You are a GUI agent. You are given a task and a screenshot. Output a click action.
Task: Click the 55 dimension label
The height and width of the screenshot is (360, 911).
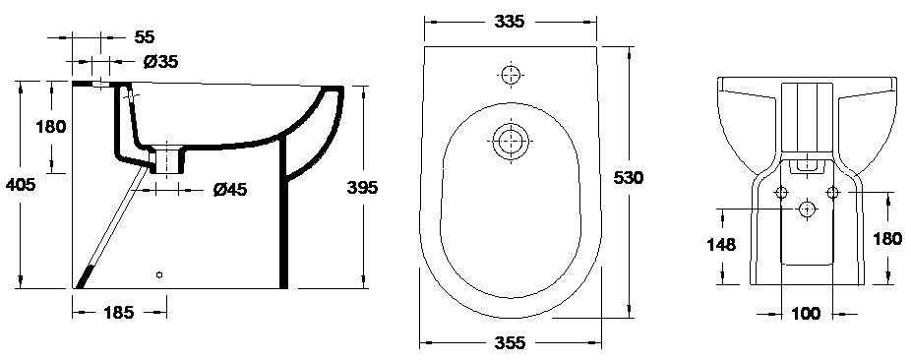[145, 37]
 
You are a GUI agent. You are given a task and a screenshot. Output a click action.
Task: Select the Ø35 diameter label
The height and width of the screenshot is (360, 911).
[160, 61]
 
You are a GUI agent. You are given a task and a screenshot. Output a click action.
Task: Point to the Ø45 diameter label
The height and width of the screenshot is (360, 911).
[230, 189]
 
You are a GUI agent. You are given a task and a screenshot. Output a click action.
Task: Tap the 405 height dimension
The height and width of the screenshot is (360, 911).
[21, 185]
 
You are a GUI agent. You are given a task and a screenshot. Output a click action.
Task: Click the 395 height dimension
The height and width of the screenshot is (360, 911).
[363, 187]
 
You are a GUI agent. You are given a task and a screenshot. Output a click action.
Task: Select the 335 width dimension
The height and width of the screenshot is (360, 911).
[509, 22]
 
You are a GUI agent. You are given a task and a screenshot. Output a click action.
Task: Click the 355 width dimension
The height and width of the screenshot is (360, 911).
[510, 342]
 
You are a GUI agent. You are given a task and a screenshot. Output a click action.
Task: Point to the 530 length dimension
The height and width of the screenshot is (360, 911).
[629, 178]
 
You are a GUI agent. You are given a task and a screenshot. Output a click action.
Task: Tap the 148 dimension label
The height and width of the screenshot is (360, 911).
[721, 245]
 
